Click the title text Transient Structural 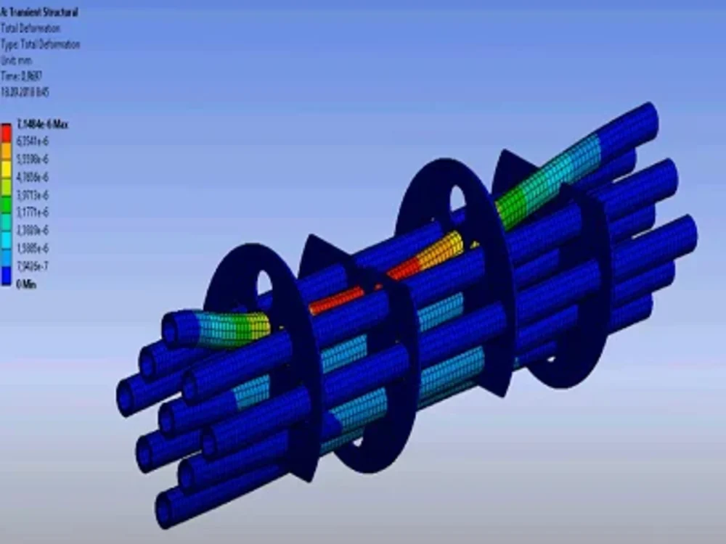(41, 12)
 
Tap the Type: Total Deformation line (41, 45)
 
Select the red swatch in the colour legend (7, 133)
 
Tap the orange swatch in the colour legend (7, 151)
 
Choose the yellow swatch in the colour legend (7, 168)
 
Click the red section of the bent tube (341, 297)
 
